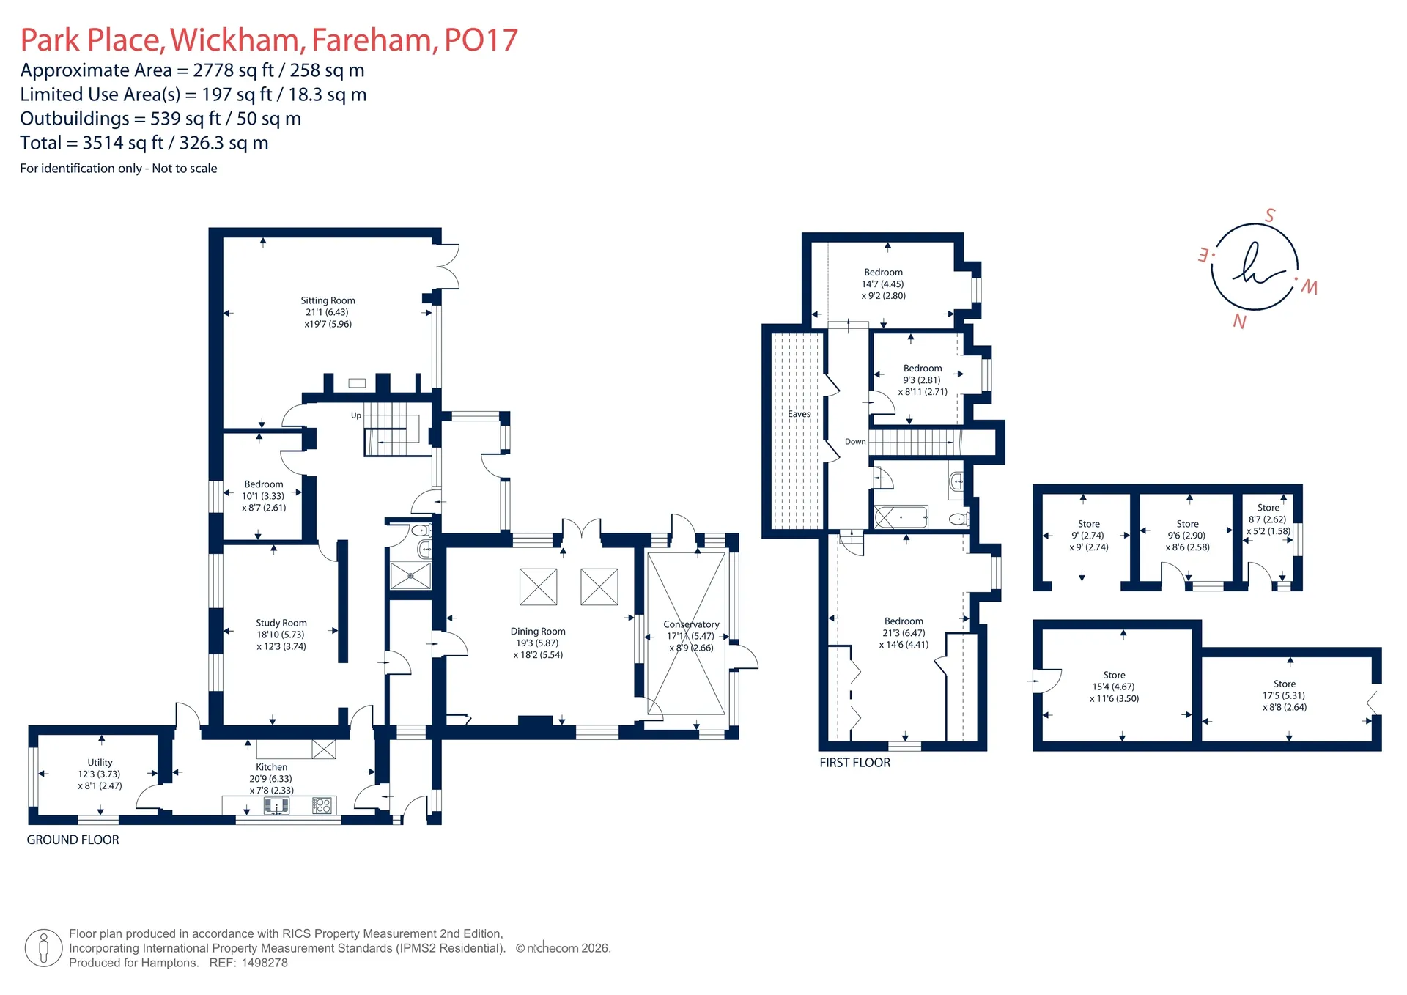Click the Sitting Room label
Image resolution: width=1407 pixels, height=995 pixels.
(x=328, y=300)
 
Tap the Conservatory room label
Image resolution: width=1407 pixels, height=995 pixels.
(x=691, y=624)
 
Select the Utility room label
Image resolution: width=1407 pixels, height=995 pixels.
(x=100, y=762)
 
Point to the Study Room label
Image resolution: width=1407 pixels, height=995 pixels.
(x=281, y=623)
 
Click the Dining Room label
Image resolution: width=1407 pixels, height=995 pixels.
(x=538, y=631)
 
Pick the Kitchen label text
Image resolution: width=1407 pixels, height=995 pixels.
(x=272, y=767)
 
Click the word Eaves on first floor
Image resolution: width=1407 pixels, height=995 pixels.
(x=799, y=414)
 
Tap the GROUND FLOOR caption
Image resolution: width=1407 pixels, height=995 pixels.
(x=73, y=840)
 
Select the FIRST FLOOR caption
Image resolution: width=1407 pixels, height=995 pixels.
(x=855, y=763)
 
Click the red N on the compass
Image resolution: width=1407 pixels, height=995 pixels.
(x=1239, y=321)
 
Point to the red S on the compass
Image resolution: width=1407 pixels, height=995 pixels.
(x=1270, y=215)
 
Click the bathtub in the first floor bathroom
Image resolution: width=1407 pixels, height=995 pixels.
(x=901, y=517)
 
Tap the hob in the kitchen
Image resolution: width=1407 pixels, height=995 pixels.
(x=322, y=806)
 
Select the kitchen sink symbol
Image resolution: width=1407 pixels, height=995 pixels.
(x=276, y=806)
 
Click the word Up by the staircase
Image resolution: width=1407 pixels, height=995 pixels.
(x=356, y=415)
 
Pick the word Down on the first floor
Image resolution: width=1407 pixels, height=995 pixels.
(x=855, y=442)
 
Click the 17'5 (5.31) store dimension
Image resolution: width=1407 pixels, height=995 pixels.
(x=1284, y=695)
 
